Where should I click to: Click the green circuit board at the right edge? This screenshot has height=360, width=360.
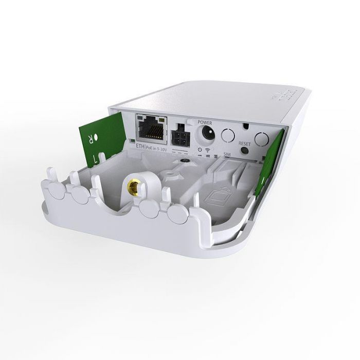(273, 154)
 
